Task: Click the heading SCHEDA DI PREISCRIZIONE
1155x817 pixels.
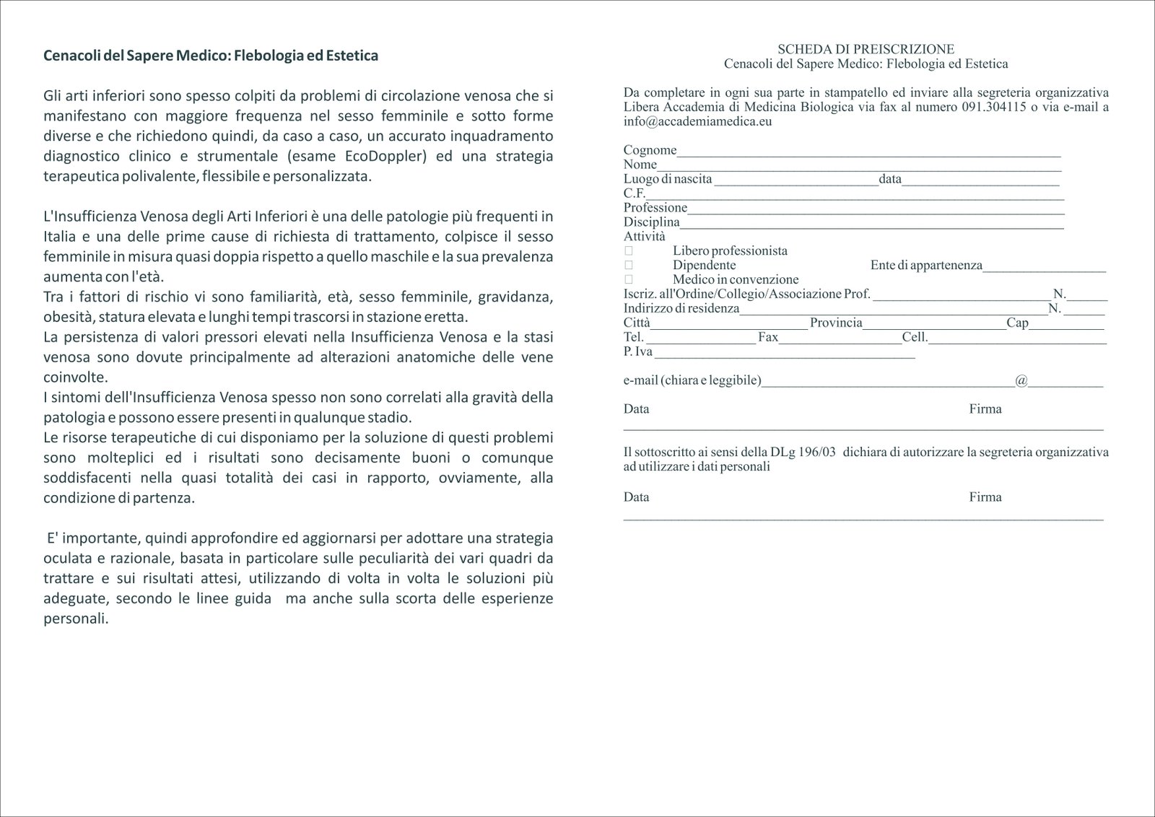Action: [866, 49]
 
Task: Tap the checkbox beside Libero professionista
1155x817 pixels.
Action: [629, 250]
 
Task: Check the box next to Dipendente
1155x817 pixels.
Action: [629, 265]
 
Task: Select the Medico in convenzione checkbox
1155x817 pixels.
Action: [629, 279]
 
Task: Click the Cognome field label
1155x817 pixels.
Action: [650, 150]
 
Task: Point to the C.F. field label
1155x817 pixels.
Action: [634, 193]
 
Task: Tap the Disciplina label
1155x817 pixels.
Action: [651, 222]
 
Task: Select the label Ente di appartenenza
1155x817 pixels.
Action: [926, 265]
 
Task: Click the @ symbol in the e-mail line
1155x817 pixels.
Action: [1021, 380]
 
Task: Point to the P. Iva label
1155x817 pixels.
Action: [638, 351]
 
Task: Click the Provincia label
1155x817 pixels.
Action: [836, 323]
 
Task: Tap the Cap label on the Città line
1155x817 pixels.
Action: [1017, 323]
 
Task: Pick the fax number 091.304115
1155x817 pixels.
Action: [994, 107]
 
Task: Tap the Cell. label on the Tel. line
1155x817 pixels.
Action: [915, 337]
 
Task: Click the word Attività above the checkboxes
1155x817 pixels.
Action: [645, 236]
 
